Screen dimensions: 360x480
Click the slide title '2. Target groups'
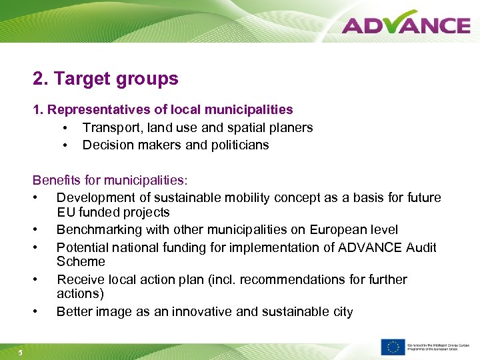(x=105, y=79)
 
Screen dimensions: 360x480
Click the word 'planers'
(x=291, y=127)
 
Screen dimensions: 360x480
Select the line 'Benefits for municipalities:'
(x=110, y=180)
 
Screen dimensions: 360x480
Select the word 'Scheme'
(x=81, y=262)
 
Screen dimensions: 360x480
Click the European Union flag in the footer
(x=393, y=347)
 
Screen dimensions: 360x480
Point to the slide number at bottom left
(x=21, y=353)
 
